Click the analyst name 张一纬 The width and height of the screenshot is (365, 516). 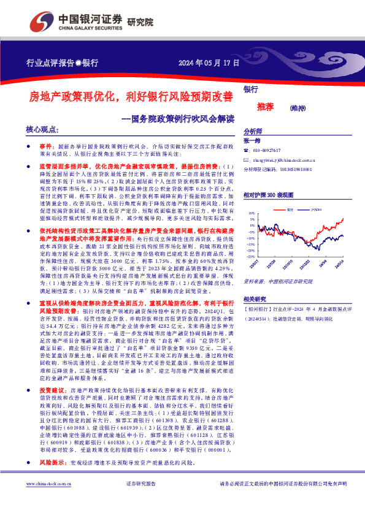coord(253,141)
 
